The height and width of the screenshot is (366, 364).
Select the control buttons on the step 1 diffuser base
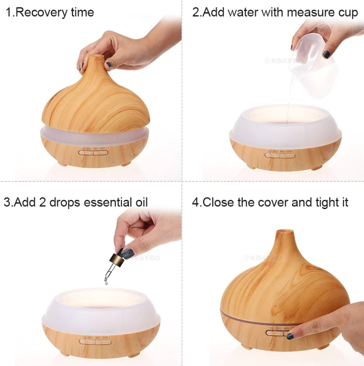coord(93,153)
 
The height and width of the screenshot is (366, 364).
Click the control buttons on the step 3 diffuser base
coord(94,340)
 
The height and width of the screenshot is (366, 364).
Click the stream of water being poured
coord(290,92)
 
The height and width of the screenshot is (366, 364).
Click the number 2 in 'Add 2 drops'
coord(53,203)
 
